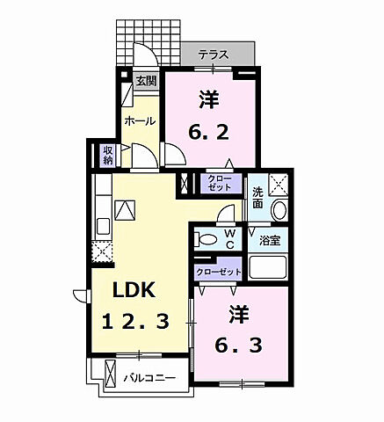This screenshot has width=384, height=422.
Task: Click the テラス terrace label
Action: (x=214, y=55)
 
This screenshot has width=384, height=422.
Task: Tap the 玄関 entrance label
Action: (x=146, y=82)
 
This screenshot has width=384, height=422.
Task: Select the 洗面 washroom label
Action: (x=257, y=197)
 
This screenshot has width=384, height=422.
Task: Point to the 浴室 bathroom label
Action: (x=270, y=239)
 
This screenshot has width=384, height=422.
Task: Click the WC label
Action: (x=228, y=238)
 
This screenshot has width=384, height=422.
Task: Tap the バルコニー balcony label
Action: (x=149, y=377)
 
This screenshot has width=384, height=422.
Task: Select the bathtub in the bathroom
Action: (x=268, y=268)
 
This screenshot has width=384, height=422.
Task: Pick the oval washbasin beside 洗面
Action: (x=279, y=211)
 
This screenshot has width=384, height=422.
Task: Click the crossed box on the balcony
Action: (x=110, y=373)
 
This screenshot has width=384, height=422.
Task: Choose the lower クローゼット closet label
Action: (x=219, y=272)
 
